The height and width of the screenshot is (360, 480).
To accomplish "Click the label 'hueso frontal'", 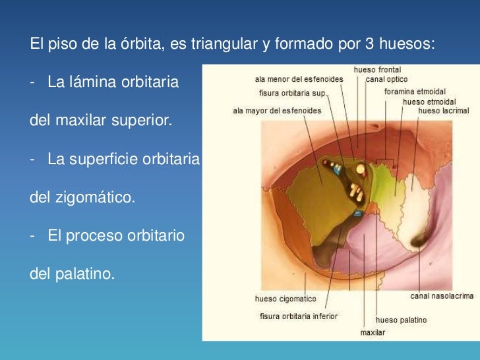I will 377,70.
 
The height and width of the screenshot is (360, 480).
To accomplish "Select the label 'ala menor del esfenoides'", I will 299,79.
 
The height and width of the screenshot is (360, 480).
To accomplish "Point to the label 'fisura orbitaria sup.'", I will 293,94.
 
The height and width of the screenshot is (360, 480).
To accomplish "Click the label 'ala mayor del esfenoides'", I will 277,111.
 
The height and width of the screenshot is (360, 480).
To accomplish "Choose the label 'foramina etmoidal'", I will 415,92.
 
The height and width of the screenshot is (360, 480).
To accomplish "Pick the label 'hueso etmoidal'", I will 423,102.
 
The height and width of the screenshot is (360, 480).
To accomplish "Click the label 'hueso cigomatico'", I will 285,299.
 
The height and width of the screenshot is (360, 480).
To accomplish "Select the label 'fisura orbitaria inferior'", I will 298,316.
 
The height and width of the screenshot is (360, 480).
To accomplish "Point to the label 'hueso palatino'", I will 401,320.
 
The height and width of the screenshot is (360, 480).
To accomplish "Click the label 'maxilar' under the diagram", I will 373,333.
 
